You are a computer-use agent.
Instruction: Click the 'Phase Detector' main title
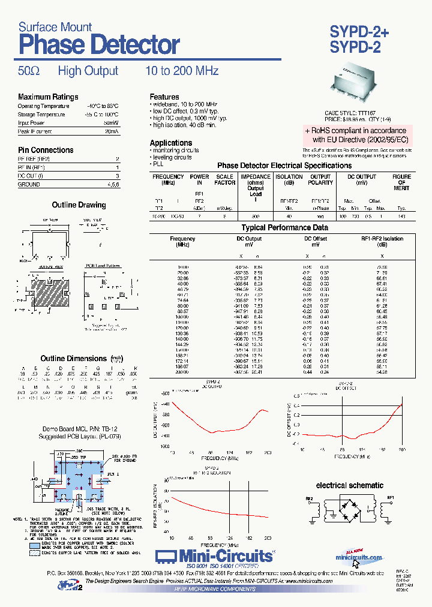click(99, 45)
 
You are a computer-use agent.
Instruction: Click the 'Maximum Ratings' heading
click(48, 97)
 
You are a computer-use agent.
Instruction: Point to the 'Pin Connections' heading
click(46, 150)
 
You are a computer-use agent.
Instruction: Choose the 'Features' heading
click(164, 97)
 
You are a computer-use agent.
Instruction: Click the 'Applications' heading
click(171, 143)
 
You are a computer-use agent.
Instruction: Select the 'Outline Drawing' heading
click(79, 205)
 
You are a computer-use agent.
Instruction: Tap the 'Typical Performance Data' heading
click(284, 228)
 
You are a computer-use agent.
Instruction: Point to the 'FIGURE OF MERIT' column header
click(401, 182)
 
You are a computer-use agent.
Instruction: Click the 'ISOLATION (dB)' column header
click(289, 179)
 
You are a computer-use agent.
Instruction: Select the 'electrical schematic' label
click(350, 485)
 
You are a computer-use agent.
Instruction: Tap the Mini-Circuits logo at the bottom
click(215, 556)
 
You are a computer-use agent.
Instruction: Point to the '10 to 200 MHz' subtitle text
click(182, 71)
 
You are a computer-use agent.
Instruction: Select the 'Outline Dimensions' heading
click(73, 359)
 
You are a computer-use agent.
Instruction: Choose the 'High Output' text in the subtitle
click(88, 71)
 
